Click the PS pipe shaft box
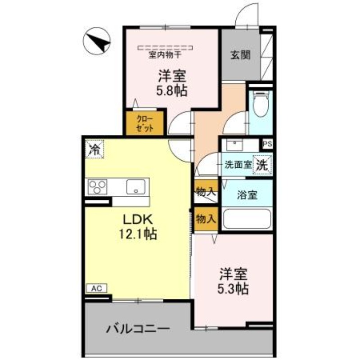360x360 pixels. click(x=268, y=144)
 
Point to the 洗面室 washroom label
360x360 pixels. click(x=238, y=165)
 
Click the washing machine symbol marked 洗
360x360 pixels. click(x=262, y=164)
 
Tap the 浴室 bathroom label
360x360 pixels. click(x=247, y=195)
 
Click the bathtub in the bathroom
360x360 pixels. click(x=247, y=220)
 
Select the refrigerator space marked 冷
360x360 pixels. click(x=94, y=149)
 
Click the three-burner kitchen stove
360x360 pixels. click(x=98, y=187)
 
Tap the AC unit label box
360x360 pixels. click(x=96, y=288)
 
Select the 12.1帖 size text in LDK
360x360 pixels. click(x=138, y=234)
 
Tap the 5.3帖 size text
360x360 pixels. click(x=234, y=288)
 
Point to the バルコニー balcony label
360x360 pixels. click(x=138, y=328)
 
